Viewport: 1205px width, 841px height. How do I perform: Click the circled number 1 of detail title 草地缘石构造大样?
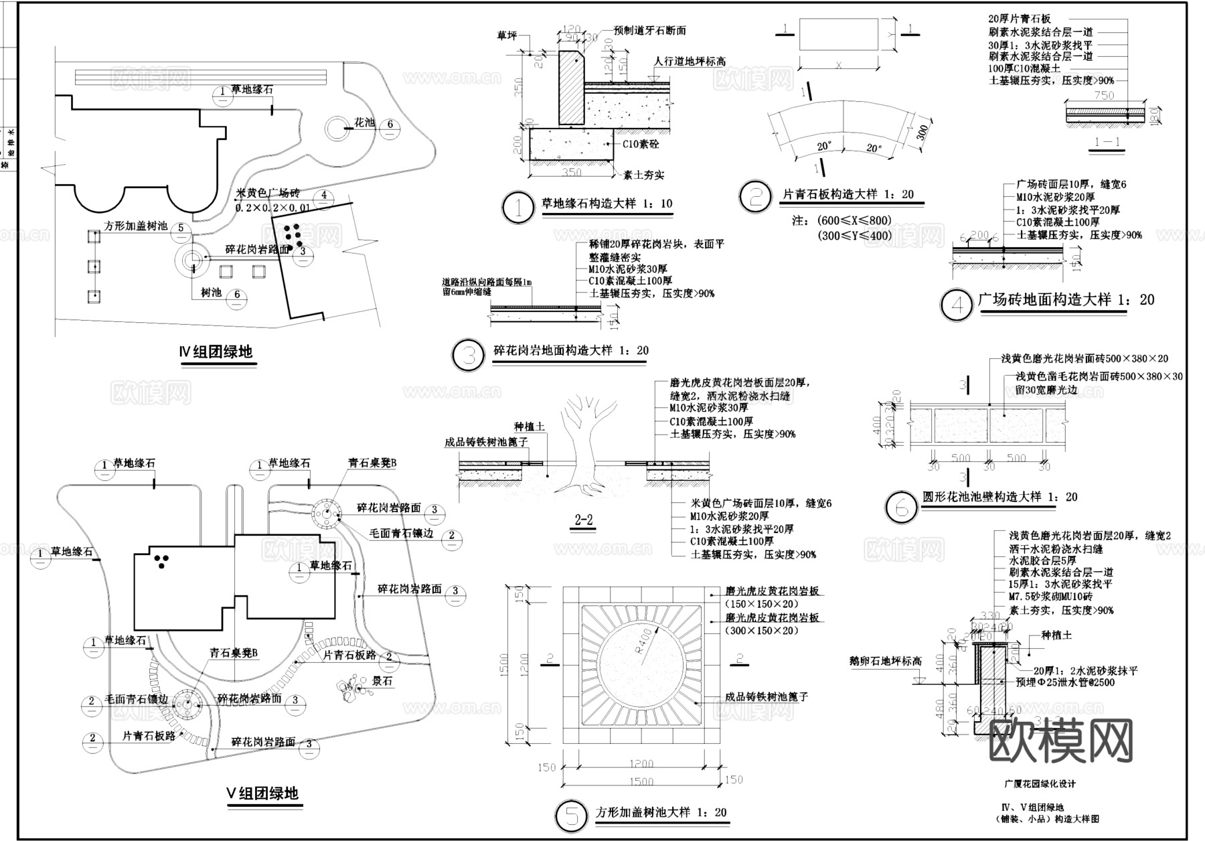[x=518, y=208]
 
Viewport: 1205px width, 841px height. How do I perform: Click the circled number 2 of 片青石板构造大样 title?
[x=756, y=196]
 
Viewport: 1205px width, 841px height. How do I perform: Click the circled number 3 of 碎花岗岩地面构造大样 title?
[x=469, y=356]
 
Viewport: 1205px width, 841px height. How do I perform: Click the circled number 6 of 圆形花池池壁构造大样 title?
[x=901, y=508]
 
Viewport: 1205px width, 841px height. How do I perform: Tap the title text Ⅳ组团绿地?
[x=216, y=352]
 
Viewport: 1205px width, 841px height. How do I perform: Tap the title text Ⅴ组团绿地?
[x=262, y=794]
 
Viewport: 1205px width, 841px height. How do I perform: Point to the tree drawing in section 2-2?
[x=581, y=442]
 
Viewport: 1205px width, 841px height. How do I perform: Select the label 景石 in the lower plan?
[x=382, y=681]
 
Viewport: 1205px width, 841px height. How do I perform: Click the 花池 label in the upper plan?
[x=364, y=123]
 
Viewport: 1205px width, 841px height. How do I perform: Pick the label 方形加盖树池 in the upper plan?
[x=136, y=226]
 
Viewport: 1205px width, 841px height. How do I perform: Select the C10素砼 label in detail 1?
[x=641, y=144]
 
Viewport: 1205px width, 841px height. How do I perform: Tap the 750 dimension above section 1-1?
[x=1103, y=96]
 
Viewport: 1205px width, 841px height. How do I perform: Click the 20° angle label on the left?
[x=825, y=145]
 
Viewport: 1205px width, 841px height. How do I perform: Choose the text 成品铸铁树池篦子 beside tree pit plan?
[x=767, y=696]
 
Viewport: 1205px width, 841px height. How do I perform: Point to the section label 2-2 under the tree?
[x=583, y=520]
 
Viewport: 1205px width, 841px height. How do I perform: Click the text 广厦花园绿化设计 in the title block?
[x=1040, y=783]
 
